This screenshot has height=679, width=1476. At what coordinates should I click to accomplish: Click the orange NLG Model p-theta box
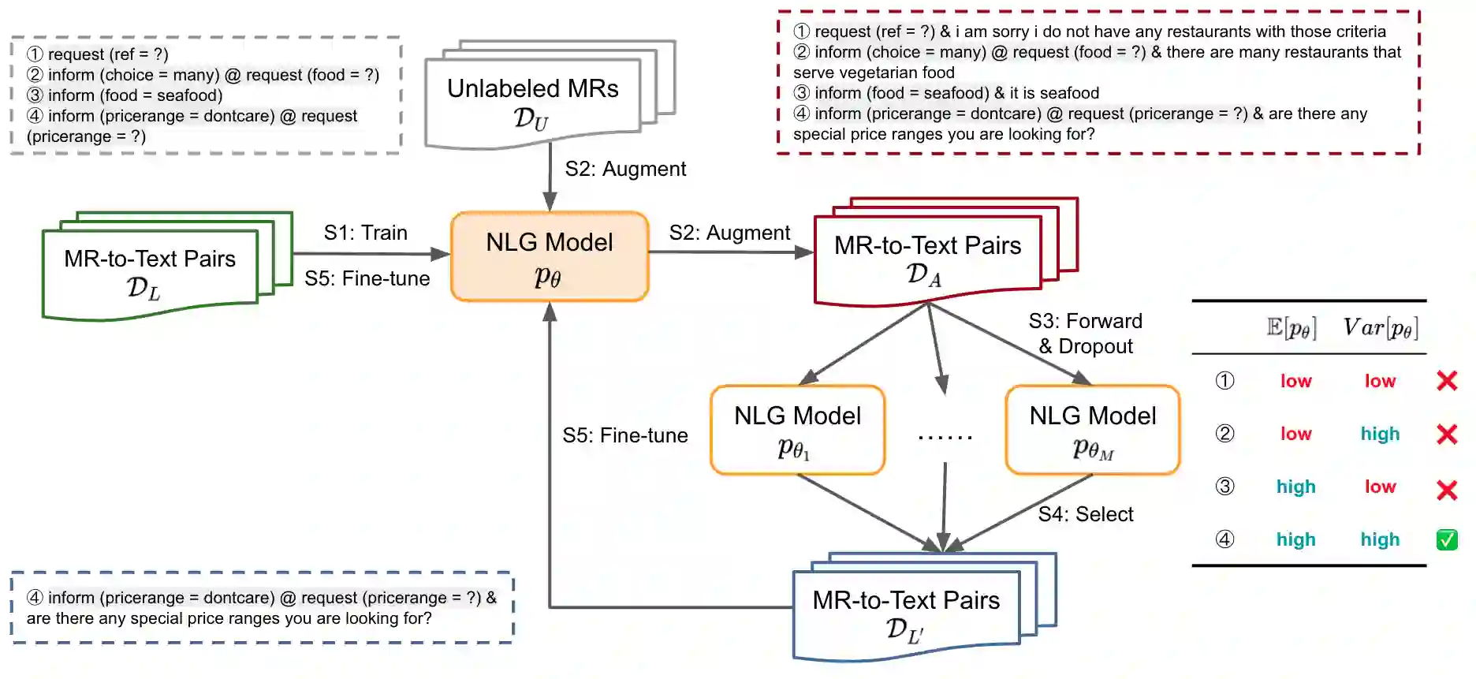[550, 256]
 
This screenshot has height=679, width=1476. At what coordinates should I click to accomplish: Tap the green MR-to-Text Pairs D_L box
[150, 273]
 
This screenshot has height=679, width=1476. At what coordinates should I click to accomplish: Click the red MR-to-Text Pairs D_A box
[927, 259]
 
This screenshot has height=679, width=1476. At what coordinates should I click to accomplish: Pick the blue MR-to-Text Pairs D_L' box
[906, 614]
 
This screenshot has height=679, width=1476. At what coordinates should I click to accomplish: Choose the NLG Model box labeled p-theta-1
[797, 430]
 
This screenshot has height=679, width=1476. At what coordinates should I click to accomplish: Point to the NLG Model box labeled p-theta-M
[1092, 430]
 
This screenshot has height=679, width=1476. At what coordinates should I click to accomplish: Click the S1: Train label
[365, 233]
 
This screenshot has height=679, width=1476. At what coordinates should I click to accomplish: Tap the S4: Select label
[1085, 514]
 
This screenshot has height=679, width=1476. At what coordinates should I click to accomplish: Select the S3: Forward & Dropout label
[1085, 334]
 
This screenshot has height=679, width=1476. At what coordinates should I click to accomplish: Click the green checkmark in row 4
[1447, 539]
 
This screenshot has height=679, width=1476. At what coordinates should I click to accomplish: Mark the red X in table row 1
[1447, 381]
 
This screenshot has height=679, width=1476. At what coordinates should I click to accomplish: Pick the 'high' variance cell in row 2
[1380, 434]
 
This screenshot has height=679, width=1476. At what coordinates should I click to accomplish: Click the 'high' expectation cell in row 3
[1295, 487]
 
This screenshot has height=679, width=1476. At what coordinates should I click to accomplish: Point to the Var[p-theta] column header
[1380, 327]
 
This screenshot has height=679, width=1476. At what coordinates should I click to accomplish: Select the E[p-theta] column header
[1291, 327]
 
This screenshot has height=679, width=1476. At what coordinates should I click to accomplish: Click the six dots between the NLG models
[945, 436]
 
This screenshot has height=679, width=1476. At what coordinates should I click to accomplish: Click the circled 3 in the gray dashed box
[35, 95]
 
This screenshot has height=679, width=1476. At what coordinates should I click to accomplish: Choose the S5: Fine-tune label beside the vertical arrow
[624, 435]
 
